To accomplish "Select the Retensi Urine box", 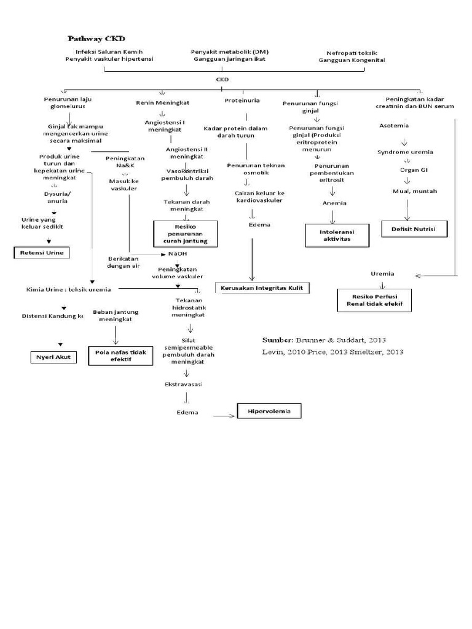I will click(x=42, y=252).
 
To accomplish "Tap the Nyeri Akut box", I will click(x=54, y=356).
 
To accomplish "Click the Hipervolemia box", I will click(x=269, y=410).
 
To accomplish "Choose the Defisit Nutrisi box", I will click(x=414, y=229).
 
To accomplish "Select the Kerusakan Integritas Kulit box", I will click(x=262, y=287).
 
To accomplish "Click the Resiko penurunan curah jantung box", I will click(x=185, y=233).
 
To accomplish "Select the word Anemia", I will click(x=334, y=203).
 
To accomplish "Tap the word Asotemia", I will click(x=394, y=126).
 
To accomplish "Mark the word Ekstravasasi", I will click(x=184, y=384).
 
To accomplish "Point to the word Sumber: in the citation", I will click(x=278, y=340).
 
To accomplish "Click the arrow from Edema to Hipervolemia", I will click(x=224, y=416).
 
